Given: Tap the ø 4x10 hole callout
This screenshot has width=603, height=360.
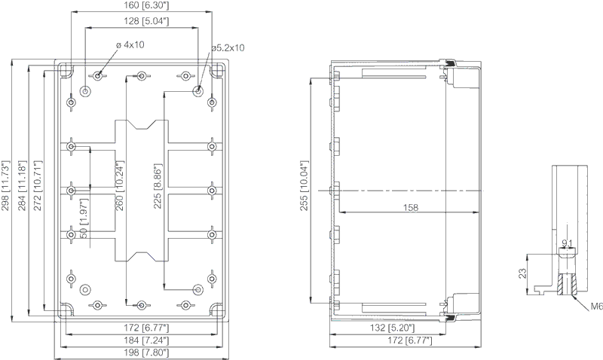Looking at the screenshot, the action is pyautogui.click(x=130, y=45).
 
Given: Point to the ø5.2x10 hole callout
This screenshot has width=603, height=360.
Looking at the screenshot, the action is pyautogui.click(x=228, y=48).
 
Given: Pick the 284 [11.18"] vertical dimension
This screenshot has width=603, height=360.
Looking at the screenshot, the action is pyautogui.click(x=22, y=185).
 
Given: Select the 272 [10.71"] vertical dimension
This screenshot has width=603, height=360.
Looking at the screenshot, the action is pyautogui.click(x=38, y=185).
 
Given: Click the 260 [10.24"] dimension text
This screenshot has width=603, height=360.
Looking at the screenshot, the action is pyautogui.click(x=120, y=185).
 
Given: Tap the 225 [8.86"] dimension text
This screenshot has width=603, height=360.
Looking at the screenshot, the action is pyautogui.click(x=158, y=186).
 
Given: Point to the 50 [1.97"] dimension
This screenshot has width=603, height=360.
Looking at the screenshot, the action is pyautogui.click(x=84, y=217).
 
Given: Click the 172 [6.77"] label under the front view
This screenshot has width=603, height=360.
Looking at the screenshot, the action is pyautogui.click(x=146, y=328).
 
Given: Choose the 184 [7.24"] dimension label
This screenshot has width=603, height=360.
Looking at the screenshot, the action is pyautogui.click(x=146, y=340).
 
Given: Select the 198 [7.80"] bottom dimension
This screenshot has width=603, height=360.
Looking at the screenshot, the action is pyautogui.click(x=146, y=352).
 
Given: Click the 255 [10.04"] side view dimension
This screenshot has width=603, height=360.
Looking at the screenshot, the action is pyautogui.click(x=305, y=185).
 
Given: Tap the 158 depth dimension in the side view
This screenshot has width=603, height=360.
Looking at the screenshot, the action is pyautogui.click(x=410, y=208).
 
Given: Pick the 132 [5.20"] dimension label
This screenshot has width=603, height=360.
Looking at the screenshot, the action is pyautogui.click(x=392, y=328).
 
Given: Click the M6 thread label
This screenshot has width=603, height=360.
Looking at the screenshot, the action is pyautogui.click(x=596, y=307).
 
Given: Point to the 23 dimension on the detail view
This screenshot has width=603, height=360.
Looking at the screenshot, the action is pyautogui.click(x=522, y=273).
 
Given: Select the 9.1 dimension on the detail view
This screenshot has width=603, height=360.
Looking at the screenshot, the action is pyautogui.click(x=568, y=243).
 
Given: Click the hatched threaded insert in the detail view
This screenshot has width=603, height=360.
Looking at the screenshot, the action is pyautogui.click(x=567, y=285).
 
